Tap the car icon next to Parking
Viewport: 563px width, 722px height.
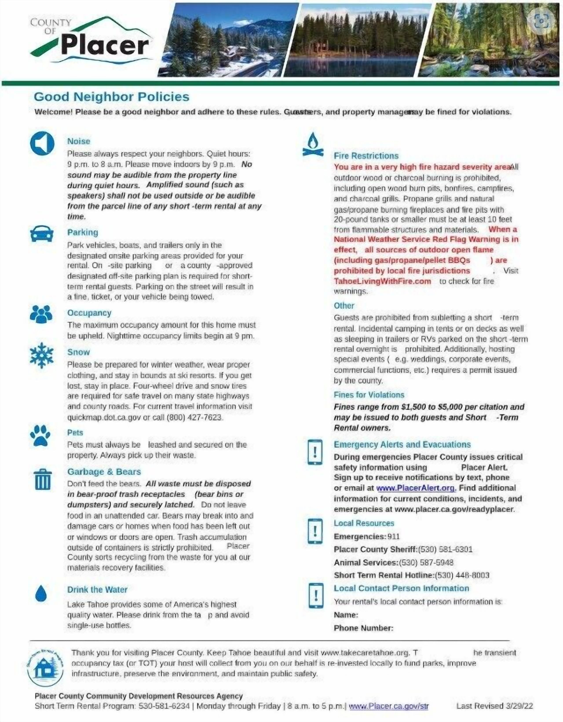tap(42, 234)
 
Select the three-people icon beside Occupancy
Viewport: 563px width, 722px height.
tap(41, 314)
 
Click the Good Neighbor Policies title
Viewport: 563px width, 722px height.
tap(112, 97)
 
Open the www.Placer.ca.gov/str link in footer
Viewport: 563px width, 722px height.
tap(389, 706)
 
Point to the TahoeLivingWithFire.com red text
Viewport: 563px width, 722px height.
tap(382, 281)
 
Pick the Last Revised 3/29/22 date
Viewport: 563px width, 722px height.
tap(495, 706)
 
